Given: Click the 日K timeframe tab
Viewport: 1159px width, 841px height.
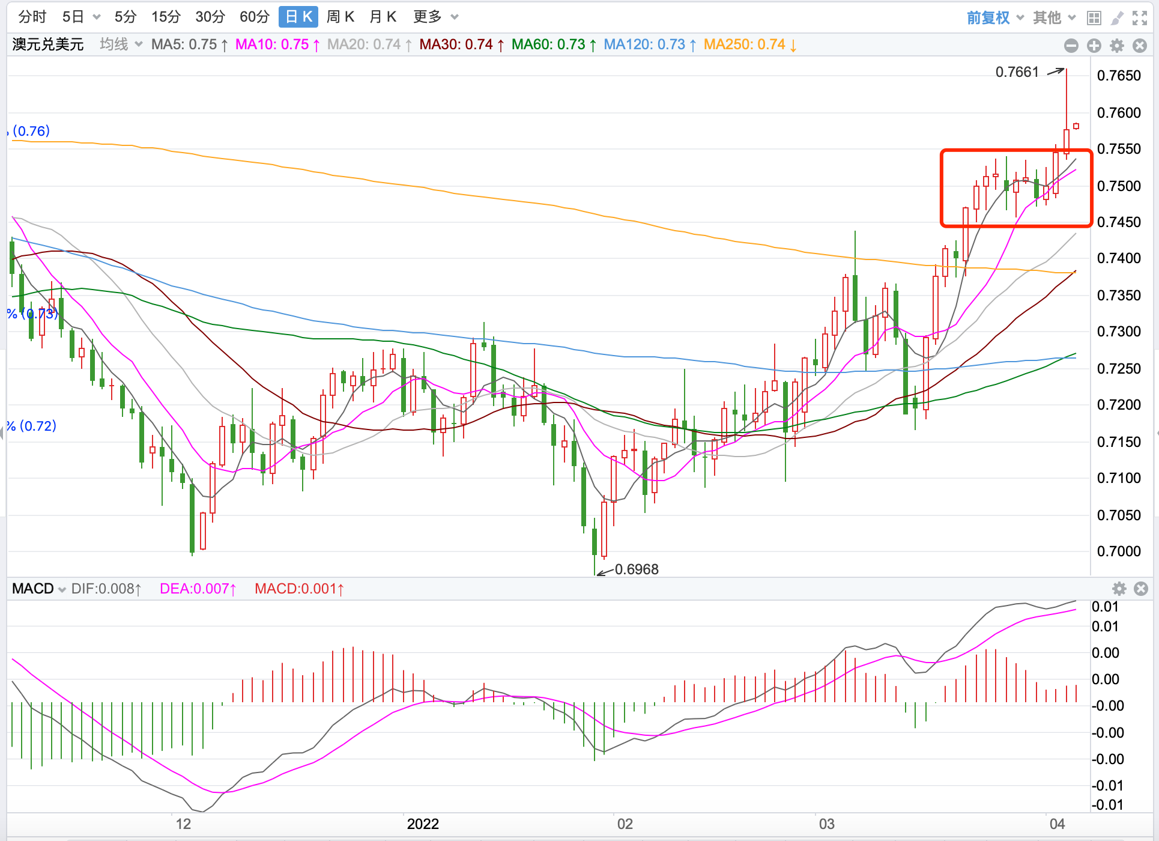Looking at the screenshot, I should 298,17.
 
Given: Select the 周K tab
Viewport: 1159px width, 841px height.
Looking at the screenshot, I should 340,17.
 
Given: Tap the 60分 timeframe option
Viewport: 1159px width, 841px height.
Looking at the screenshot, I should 254,17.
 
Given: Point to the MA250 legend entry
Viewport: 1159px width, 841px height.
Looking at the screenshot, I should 749,44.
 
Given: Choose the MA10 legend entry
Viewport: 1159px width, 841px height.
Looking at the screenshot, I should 277,44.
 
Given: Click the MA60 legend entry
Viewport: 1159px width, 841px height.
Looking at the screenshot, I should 554,44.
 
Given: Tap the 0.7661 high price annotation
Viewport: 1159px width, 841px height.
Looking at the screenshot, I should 1017,72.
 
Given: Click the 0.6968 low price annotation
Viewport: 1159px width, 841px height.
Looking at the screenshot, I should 637,569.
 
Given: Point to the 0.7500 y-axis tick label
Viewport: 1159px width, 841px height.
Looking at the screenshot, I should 1119,186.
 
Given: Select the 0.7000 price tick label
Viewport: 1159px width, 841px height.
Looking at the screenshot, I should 1119,551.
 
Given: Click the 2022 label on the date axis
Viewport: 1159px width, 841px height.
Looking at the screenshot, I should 423,824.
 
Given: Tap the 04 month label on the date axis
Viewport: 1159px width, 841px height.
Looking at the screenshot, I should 1057,824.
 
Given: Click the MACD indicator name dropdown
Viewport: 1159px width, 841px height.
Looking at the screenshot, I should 38,589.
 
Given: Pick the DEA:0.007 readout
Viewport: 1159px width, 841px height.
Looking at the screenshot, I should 198,589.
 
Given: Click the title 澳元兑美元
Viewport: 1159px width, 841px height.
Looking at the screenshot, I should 48,44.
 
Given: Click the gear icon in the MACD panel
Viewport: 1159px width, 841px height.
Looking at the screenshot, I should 1119,589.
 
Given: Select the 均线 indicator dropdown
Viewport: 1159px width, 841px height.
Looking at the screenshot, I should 120,44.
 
